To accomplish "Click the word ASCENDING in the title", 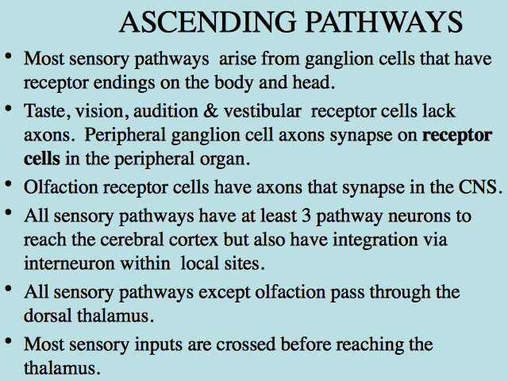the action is click(x=207, y=22).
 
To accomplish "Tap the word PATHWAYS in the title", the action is click(x=384, y=22).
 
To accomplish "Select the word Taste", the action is click(x=48, y=111).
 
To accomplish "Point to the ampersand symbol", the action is click(x=210, y=111).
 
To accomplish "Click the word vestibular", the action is click(x=263, y=111).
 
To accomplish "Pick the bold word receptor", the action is click(x=457, y=136).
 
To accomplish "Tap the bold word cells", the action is click(x=42, y=159).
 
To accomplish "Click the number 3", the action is click(x=306, y=217).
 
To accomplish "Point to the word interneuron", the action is click(x=69, y=264).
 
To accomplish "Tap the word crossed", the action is click(x=246, y=344).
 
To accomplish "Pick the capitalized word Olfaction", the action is click(x=61, y=187).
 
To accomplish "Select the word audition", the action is click(x=166, y=111).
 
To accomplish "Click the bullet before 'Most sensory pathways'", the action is click(x=9, y=56).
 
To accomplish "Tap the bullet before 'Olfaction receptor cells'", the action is click(x=9, y=185).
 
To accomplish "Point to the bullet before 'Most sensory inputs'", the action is click(x=9, y=341).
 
